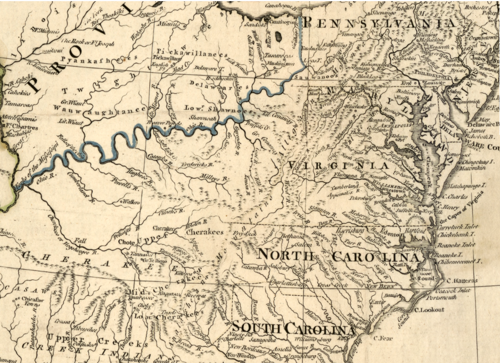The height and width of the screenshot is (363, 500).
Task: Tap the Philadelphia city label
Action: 428,72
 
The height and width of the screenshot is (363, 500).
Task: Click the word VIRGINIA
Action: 337,165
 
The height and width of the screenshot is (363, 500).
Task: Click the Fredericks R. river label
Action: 190,166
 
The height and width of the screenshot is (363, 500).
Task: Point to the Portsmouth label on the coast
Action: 456,298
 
